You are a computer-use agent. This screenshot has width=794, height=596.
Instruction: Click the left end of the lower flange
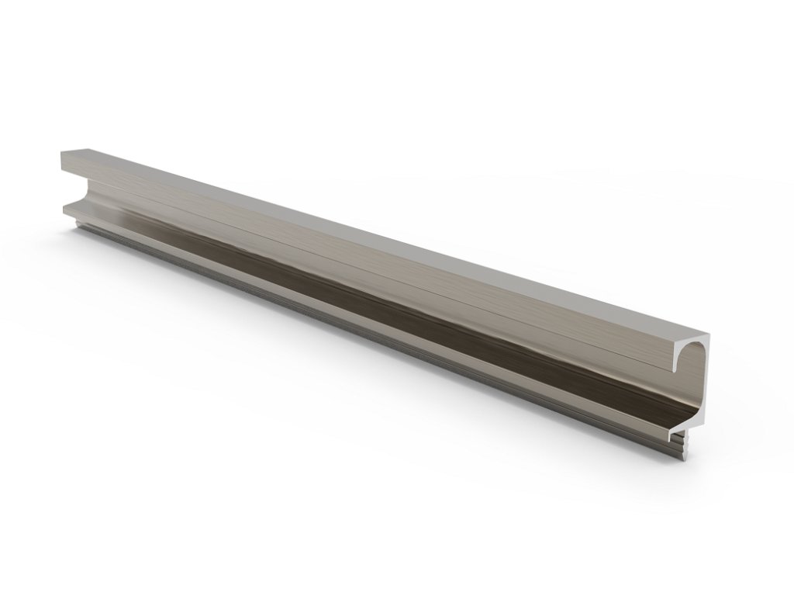coord(65,207)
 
